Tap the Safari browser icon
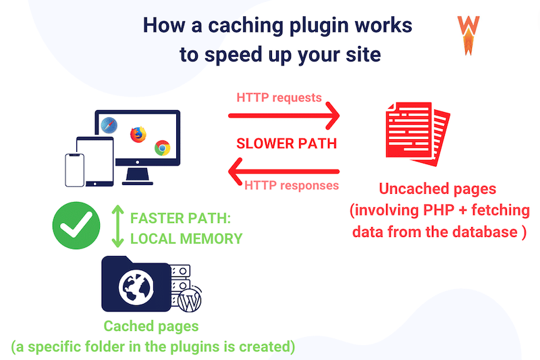pos(110,125)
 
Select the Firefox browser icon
pos(138,134)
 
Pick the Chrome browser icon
pos(161,148)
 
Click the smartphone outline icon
pos(75,170)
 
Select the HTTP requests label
pos(279,97)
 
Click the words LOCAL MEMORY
pos(186,238)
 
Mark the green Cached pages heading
pos(151,326)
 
